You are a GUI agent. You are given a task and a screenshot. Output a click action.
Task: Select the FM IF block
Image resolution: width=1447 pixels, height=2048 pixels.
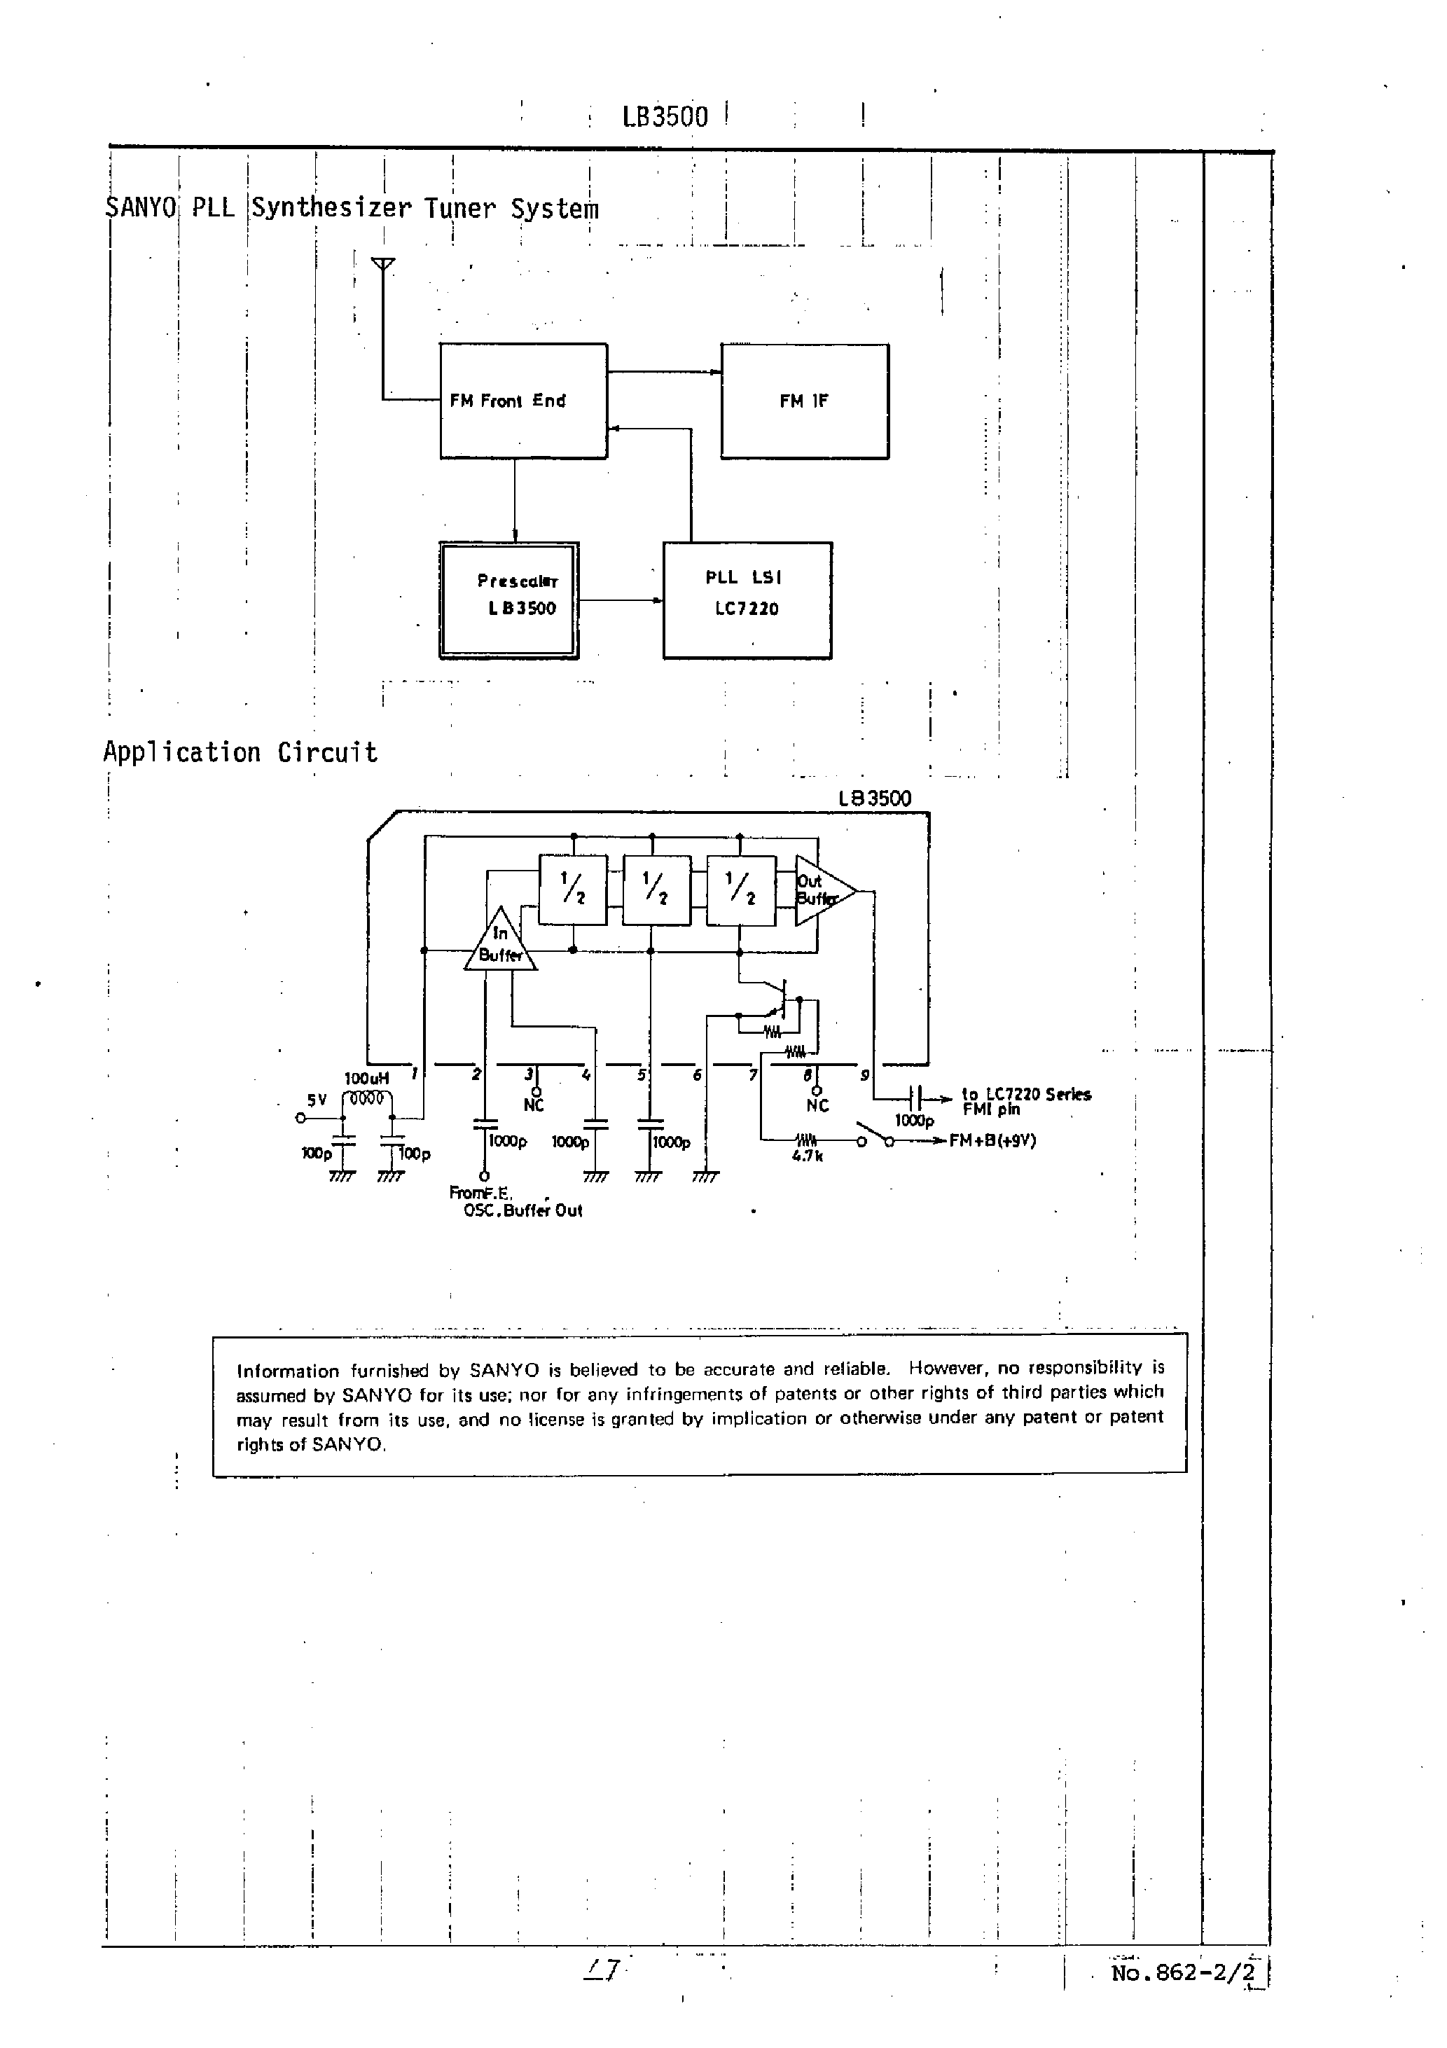(x=804, y=401)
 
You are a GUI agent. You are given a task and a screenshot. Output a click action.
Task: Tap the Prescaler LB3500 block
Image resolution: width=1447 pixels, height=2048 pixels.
(x=508, y=600)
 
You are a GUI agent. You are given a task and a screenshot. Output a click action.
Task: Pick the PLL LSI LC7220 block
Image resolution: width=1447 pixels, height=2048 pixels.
(x=747, y=600)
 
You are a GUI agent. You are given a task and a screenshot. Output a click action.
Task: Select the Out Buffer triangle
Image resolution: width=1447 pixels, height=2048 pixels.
(x=819, y=890)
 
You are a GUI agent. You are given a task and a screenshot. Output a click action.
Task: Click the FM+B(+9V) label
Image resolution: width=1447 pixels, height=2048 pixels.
(x=992, y=1141)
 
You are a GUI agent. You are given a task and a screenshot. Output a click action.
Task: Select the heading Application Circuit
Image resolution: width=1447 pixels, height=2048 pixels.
(x=240, y=752)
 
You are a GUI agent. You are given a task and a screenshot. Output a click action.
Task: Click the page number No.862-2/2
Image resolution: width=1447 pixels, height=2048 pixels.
(x=1183, y=1972)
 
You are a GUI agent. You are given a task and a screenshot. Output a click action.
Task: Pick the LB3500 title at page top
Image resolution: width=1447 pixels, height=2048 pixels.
(x=665, y=117)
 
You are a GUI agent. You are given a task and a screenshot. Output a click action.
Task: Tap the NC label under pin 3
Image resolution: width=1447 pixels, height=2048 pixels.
(x=534, y=1105)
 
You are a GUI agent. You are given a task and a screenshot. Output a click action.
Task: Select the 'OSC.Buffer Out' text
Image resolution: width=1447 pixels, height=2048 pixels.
(x=522, y=1210)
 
